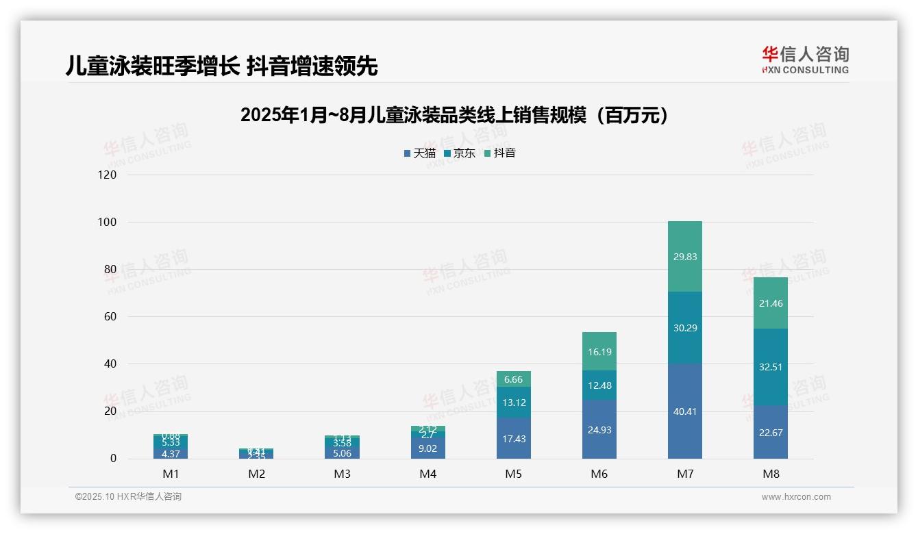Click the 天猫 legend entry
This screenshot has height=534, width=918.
[420, 153]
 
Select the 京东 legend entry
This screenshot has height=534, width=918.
[460, 153]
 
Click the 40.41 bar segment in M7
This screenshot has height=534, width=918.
[684, 411]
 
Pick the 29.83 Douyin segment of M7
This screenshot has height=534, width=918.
[684, 257]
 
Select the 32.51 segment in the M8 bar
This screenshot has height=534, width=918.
[771, 367]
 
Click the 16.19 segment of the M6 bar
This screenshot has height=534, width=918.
[599, 352]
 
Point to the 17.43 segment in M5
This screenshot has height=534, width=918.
[514, 438]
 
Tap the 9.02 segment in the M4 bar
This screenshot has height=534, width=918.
[428, 448]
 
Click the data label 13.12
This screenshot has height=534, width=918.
[514, 402]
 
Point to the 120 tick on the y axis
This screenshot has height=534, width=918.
[108, 175]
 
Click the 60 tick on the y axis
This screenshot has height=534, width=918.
[110, 317]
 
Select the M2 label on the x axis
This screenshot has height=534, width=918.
[257, 474]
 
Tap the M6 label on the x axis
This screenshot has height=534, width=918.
[599, 474]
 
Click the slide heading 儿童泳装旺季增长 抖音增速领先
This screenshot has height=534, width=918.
[221, 66]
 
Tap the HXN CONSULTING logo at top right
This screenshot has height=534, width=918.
[805, 60]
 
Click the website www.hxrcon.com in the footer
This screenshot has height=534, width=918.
[795, 497]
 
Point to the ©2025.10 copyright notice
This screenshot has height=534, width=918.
[128, 497]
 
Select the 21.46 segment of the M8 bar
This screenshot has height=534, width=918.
[771, 303]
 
